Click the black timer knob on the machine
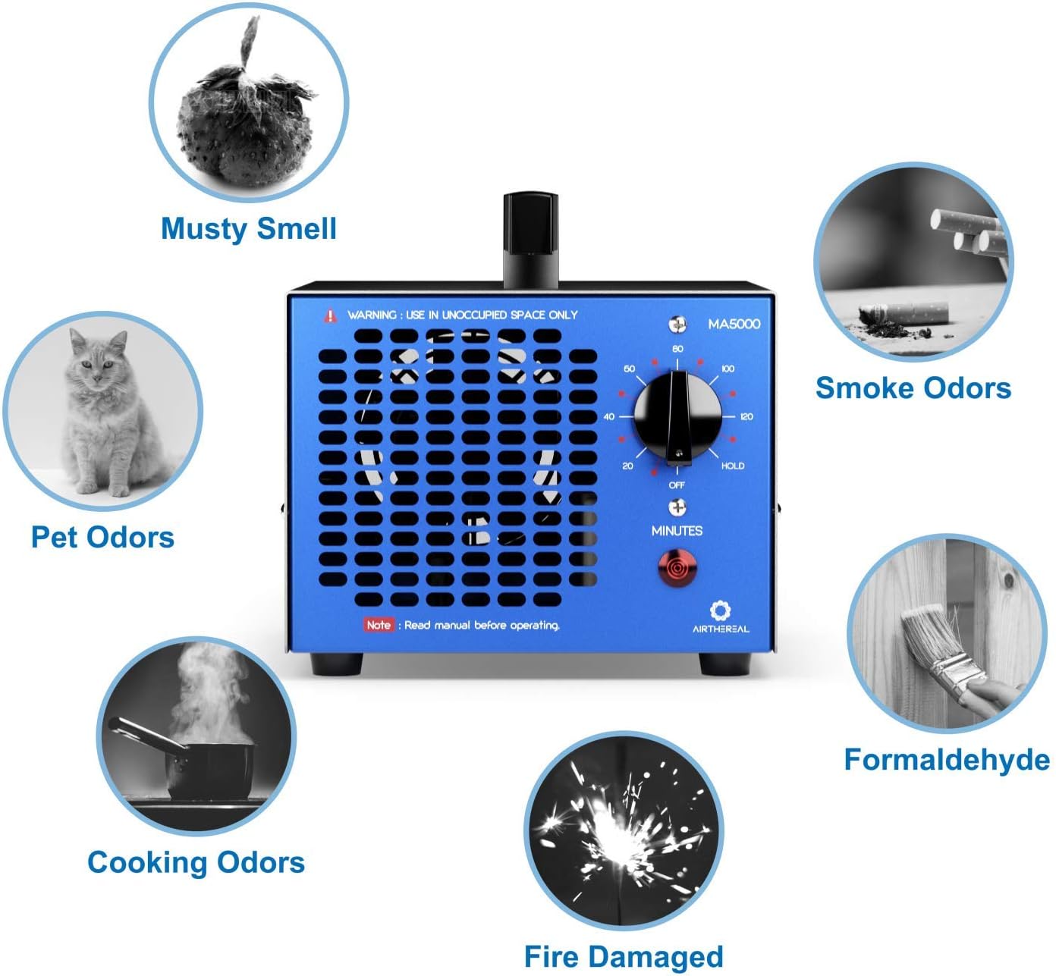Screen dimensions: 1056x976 coord(677,416)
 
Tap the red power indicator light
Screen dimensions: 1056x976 coord(677,568)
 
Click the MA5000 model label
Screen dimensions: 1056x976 coord(734,324)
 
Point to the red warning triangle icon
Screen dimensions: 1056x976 coord(330,315)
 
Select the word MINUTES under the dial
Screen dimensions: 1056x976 coord(677,531)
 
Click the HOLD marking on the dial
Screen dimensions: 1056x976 coord(732,466)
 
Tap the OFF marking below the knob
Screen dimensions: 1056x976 coord(677,485)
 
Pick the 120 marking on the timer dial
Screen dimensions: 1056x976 coord(746,416)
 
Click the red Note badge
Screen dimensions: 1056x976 coord(379,625)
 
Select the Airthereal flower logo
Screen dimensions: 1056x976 coord(720,610)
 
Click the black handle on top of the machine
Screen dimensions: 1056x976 coord(530,240)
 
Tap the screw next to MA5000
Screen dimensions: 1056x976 coord(677,324)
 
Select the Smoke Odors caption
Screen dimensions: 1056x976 coord(913,388)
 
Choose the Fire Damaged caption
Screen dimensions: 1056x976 coord(624,956)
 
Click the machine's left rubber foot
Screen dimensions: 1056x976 coord(336,664)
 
